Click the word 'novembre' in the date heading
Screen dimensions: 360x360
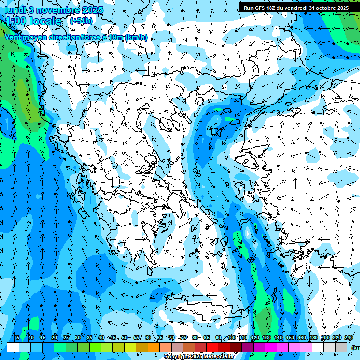pyautogui.click(x=58, y=9)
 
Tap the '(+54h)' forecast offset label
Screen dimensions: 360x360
pyautogui.click(x=81, y=21)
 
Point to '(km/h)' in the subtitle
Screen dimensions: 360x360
pyautogui.click(x=136, y=37)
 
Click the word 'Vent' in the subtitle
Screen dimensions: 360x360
pyautogui.click(x=14, y=37)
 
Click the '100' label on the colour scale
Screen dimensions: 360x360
pyautogui.click(x=232, y=337)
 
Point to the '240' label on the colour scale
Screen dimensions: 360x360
pyautogui.click(x=349, y=337)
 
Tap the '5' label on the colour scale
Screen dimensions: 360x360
pyautogui.click(x=18, y=337)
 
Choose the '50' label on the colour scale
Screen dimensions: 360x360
pyautogui.click(x=125, y=337)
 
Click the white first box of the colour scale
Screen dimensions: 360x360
pyautogui.click(x=13, y=347)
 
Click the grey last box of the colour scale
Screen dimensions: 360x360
pyautogui.click(x=341, y=347)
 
